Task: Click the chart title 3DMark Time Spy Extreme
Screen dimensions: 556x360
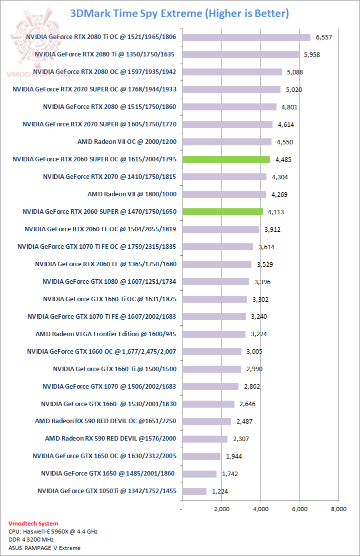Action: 179,13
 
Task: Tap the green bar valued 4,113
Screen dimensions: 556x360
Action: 222,212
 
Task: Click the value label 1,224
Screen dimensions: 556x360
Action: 220,491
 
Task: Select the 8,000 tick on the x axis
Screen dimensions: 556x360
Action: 338,510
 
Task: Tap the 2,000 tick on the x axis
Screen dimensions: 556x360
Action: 221,510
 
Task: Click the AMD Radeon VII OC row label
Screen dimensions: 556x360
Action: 127,142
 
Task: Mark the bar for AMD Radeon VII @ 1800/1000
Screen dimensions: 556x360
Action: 223,194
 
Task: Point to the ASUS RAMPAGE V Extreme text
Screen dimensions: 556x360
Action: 44,548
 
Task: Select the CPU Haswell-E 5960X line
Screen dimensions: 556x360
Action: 53,532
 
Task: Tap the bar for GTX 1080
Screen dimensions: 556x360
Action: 215,282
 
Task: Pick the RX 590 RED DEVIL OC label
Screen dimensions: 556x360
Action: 106,421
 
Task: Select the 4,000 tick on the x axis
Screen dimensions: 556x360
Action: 260,510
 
